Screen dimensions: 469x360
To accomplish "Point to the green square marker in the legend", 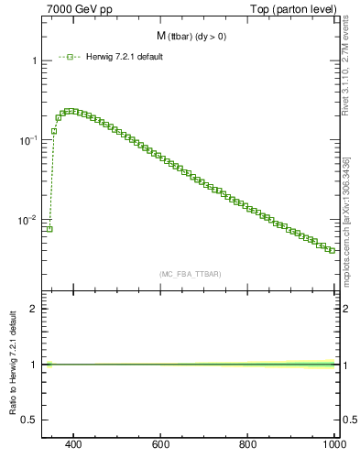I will click(x=70, y=57).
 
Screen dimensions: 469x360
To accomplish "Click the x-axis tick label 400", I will click(x=74, y=445).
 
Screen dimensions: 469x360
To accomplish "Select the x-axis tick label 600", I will click(x=161, y=445).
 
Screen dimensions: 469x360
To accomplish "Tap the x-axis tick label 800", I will click(x=247, y=445).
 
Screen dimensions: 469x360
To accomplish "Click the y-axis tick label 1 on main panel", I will click(x=35, y=60).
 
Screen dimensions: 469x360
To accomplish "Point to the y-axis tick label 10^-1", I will click(x=30, y=140).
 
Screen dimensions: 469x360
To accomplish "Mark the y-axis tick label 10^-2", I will click(x=30, y=220).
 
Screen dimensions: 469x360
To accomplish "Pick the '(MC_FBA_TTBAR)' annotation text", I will click(x=191, y=274).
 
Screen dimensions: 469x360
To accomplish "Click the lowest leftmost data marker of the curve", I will click(x=49, y=229).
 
